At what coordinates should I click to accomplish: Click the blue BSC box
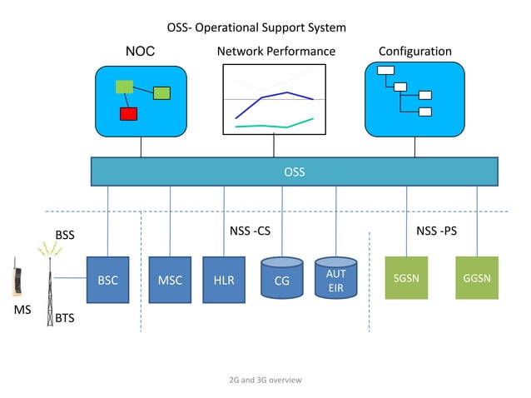click(108, 281)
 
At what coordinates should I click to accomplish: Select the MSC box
click(170, 281)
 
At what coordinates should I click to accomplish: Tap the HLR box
click(223, 281)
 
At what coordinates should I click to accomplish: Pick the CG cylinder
click(282, 281)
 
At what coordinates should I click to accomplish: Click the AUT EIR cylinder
click(335, 281)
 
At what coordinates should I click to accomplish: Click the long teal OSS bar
click(294, 172)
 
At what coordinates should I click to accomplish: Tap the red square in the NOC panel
click(128, 114)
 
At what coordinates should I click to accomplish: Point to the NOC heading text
click(140, 52)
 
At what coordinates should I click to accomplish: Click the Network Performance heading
click(275, 52)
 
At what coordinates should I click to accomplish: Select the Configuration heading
click(414, 52)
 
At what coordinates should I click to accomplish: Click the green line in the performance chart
click(275, 125)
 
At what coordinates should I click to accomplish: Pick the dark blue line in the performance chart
click(275, 97)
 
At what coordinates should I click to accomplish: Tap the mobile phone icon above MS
click(17, 280)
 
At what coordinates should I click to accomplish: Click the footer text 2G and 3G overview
click(265, 380)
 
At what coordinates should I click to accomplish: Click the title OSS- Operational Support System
click(256, 27)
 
